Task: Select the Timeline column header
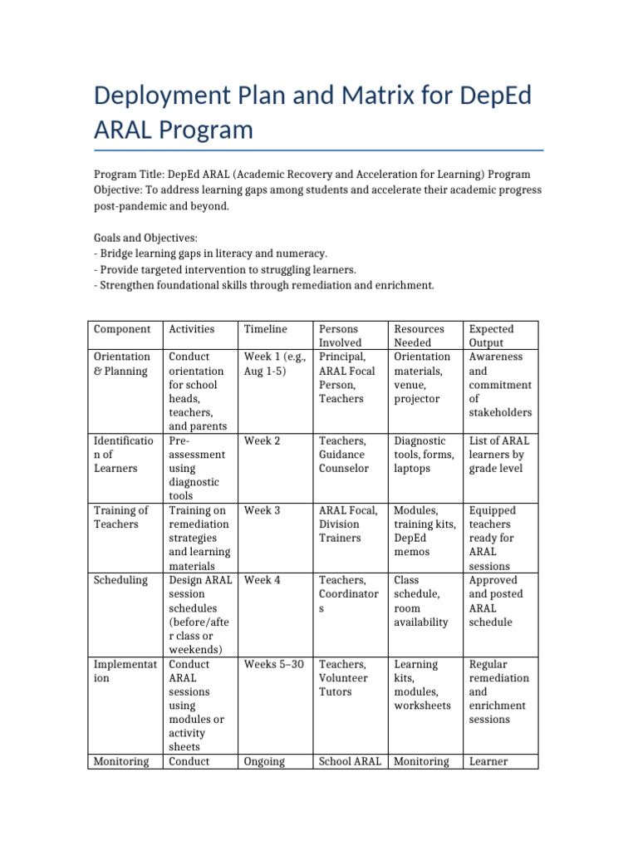pos(265,329)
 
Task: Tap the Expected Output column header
pos(492,336)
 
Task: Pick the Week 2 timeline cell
pos(262,440)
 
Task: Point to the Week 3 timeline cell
pos(262,510)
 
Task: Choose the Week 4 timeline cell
pos(262,580)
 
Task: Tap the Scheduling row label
pos(120,580)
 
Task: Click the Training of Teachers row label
pos(120,517)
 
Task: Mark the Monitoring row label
pos(121,761)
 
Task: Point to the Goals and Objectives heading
pos(145,238)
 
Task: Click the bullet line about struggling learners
pos(225,269)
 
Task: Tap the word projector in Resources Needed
pos(418,399)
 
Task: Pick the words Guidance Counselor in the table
pos(343,461)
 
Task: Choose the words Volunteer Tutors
pos(342,685)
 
